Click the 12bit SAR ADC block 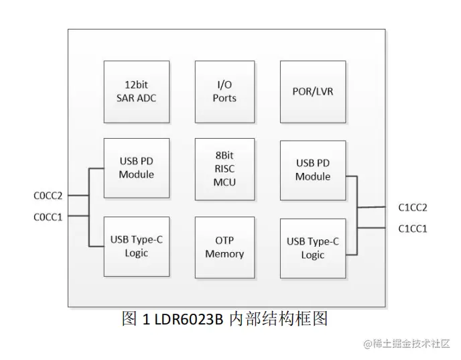pos(136,91)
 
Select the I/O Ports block pos(225,91)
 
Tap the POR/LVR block pos(313,91)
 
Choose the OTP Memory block pos(225,247)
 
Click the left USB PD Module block pos(136,168)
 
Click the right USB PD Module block pos(313,170)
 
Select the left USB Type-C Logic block pos(136,246)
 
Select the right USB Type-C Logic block pos(313,248)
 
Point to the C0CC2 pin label pos(48,196)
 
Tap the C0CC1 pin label pos(48,217)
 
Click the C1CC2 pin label pos(413,208)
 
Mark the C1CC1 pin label pos(413,229)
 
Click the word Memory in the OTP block pos(225,254)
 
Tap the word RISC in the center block pos(225,168)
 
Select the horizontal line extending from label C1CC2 pos(375,207)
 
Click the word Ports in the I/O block pos(225,98)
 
